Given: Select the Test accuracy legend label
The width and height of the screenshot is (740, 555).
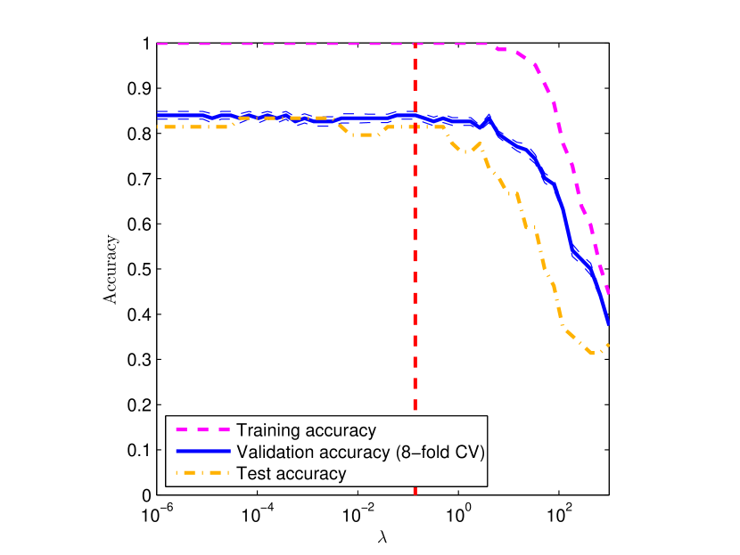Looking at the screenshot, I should click(x=291, y=473).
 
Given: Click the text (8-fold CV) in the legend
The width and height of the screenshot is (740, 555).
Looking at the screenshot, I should click(x=439, y=452).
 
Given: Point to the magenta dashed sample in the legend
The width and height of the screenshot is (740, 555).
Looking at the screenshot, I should click(x=202, y=430).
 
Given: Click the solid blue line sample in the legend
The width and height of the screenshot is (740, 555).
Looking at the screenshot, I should click(x=202, y=452).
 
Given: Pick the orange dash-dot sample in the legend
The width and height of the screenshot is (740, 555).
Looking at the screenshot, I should click(x=202, y=473).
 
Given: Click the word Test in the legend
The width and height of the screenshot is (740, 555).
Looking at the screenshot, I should click(x=252, y=473).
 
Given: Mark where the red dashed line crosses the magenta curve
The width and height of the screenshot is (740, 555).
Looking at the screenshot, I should click(x=415, y=44).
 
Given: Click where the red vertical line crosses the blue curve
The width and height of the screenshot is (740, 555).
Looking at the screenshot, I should click(x=415, y=116).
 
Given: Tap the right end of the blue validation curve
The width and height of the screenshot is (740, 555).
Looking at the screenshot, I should click(x=608, y=322).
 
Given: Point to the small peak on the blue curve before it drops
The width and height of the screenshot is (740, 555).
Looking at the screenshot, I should click(x=489, y=117).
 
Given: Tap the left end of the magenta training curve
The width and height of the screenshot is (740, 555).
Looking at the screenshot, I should click(x=158, y=44).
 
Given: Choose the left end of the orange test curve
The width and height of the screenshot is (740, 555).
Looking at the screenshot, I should click(x=158, y=127).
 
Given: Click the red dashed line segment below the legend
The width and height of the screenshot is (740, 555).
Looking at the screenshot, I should click(x=415, y=492).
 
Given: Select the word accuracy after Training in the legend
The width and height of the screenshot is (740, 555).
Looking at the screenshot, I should click(x=339, y=430).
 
